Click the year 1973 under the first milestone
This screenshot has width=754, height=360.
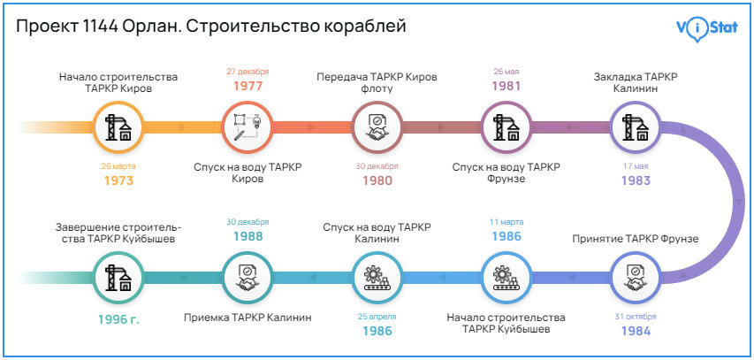pos(118,180)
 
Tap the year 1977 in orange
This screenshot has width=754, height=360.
pos(248,87)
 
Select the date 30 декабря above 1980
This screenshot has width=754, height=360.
pos(377,165)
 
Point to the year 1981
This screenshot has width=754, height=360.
pos(506,87)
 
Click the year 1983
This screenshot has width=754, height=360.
pos(635,180)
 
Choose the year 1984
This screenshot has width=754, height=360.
pos(635,332)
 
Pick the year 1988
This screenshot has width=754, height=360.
pos(248,237)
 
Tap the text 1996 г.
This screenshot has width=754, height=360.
pos(118,319)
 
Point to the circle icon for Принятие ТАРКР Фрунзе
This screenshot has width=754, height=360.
pos(636,278)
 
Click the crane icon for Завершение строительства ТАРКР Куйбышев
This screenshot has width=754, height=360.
pos(118,278)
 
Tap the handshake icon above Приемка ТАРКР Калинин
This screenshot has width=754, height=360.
pos(248,278)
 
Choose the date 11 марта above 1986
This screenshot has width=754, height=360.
pos(506,222)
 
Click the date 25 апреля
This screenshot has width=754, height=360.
pos(377,317)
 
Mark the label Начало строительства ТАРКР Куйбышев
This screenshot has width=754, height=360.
pos(506,323)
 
